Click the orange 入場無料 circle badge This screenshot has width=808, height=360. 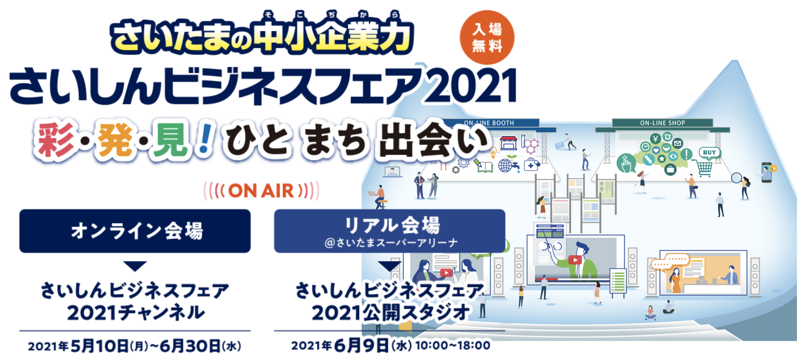487,38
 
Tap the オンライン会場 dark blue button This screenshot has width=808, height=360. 135,231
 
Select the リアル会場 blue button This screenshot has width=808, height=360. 389,231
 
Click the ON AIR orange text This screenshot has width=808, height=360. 261,191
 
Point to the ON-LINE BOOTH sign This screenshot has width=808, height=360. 489,123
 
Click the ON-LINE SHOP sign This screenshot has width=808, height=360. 662,123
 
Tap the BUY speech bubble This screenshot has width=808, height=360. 709,153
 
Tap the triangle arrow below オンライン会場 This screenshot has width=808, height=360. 135,266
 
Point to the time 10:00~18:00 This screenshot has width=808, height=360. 453,345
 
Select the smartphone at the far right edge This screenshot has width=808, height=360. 767,172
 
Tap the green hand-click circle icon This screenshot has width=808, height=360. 626,163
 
